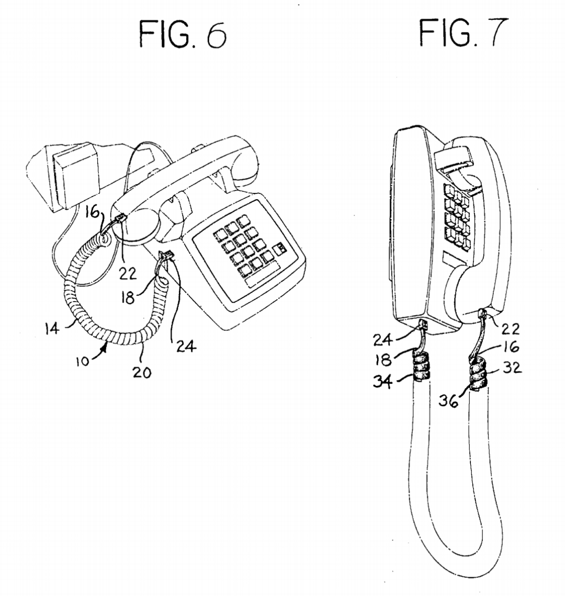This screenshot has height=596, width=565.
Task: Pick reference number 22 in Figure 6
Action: (128, 273)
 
